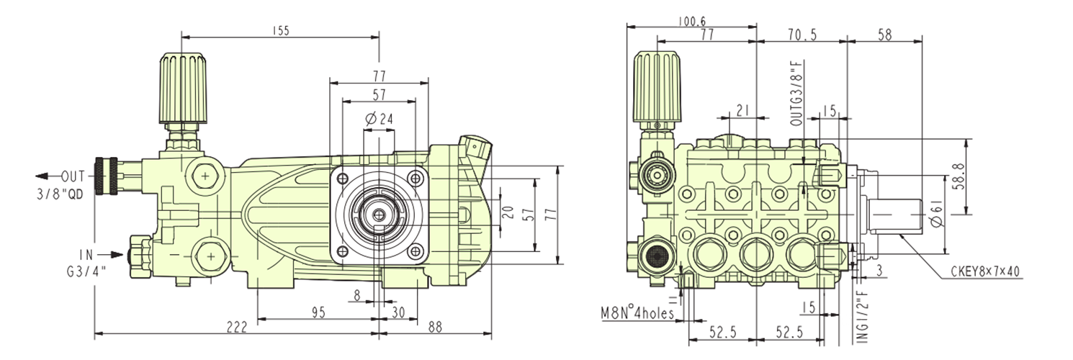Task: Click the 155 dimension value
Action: point(281,30)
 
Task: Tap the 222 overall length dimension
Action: point(236,327)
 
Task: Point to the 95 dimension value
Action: point(318,312)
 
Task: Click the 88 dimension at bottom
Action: point(434,327)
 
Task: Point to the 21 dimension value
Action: point(743,110)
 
